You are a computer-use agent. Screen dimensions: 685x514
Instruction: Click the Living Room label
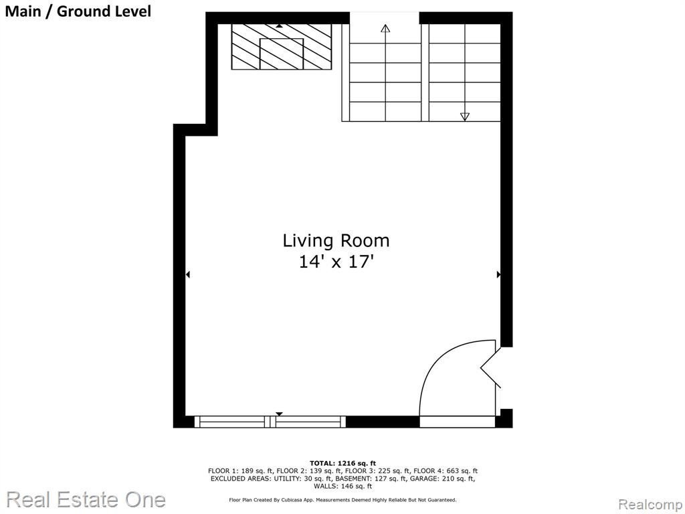tap(336, 240)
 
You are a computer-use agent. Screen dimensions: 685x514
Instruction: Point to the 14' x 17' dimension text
tap(336, 262)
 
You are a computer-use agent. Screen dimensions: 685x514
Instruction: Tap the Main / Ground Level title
tap(78, 11)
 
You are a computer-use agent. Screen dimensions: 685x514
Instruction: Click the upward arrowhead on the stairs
tap(385, 29)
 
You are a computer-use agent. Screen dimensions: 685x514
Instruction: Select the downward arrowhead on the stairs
tap(465, 116)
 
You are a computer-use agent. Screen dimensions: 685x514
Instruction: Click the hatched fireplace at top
tap(282, 46)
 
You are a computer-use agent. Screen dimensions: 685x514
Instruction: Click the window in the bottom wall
tap(270, 422)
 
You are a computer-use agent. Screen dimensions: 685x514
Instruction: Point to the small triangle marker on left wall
tap(188, 274)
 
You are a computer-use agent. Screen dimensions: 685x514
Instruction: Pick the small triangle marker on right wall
tap(498, 274)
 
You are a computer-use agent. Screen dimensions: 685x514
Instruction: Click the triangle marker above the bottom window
tap(279, 414)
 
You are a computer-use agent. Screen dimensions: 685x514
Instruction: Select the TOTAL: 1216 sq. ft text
tap(343, 463)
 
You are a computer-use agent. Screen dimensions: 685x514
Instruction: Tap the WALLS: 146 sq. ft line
tap(343, 486)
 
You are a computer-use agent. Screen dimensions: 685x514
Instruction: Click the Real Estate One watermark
tap(86, 499)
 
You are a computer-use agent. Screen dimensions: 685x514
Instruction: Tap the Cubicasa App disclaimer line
tap(343, 499)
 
